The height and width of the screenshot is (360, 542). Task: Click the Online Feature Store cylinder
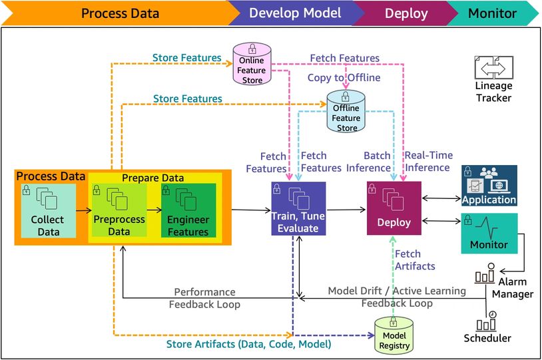252,64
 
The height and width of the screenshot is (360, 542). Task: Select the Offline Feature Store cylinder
346,111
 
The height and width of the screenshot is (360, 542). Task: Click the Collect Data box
49,211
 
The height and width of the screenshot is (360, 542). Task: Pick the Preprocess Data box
119,210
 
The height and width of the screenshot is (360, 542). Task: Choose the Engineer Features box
188,210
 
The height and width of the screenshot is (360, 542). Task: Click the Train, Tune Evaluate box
298,209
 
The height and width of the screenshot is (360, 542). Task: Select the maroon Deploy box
394,208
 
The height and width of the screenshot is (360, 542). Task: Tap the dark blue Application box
489,186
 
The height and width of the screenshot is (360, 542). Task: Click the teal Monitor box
489,233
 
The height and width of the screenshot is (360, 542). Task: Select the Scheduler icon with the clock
486,321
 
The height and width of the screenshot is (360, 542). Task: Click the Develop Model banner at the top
296,13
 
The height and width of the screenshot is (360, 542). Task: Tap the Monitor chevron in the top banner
493,13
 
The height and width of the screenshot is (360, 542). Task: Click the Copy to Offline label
344,78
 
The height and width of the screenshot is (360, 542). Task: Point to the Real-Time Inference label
429,161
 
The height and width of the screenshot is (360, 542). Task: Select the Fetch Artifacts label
415,260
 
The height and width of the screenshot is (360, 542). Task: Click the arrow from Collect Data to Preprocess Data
84,210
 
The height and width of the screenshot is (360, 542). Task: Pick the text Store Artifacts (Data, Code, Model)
248,344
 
